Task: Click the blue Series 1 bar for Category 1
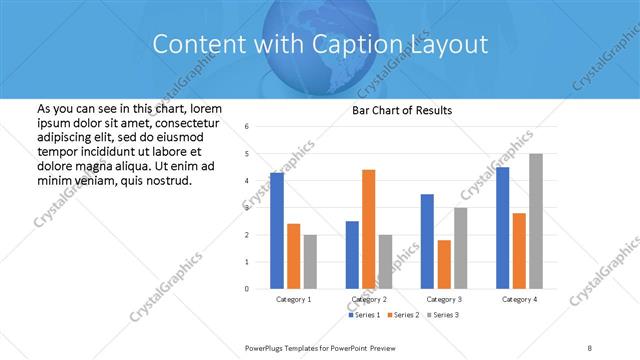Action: pyautogui.click(x=277, y=230)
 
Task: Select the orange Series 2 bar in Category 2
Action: pyautogui.click(x=368, y=229)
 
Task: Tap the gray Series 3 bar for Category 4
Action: pyautogui.click(x=536, y=221)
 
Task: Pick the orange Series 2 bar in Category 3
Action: pyautogui.click(x=444, y=264)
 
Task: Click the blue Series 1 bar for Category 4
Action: pyautogui.click(x=502, y=228)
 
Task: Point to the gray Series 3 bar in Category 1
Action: pyautogui.click(x=310, y=262)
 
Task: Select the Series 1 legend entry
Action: pyautogui.click(x=364, y=315)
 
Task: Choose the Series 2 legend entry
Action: pyautogui.click(x=403, y=315)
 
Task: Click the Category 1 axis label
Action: pyautogui.click(x=294, y=299)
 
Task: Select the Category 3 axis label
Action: pyautogui.click(x=444, y=299)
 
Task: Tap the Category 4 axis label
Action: pyautogui.click(x=519, y=299)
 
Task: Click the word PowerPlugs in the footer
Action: pyautogui.click(x=267, y=347)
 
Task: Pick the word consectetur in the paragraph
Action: pyautogui.click(x=187, y=121)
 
